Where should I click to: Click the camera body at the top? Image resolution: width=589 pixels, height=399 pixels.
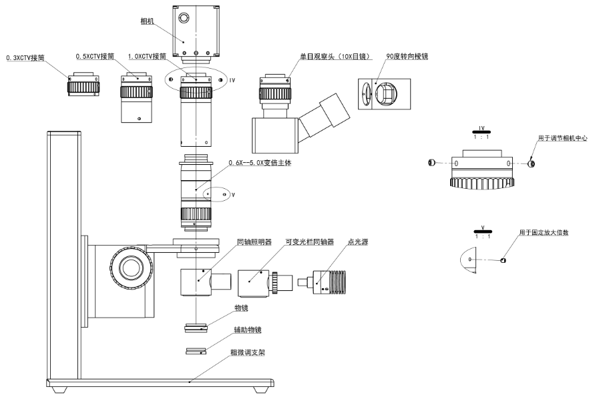(x=196, y=33)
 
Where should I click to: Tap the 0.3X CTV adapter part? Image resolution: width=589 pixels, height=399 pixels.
(x=83, y=85)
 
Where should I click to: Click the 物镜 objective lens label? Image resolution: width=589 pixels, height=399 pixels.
(x=240, y=308)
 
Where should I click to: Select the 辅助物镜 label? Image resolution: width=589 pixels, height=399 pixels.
(x=247, y=330)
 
